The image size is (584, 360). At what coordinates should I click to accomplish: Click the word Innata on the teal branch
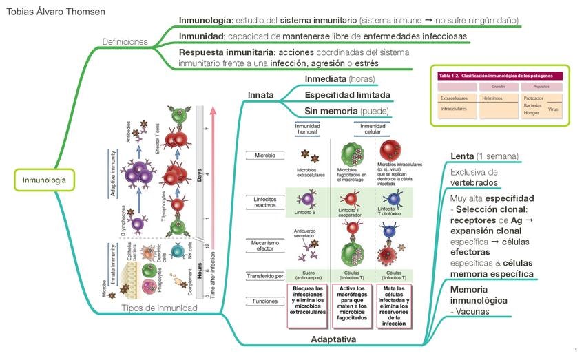click(261, 95)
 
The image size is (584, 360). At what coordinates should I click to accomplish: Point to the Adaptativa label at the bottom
click(333, 339)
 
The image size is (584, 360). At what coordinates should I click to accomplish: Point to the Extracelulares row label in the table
click(454, 98)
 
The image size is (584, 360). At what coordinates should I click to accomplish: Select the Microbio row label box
click(265, 156)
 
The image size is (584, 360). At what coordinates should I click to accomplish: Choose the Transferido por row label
click(265, 275)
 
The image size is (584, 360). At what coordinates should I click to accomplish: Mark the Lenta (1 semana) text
click(484, 156)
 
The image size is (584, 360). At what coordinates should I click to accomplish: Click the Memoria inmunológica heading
click(479, 295)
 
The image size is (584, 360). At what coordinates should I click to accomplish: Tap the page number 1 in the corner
click(575, 351)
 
